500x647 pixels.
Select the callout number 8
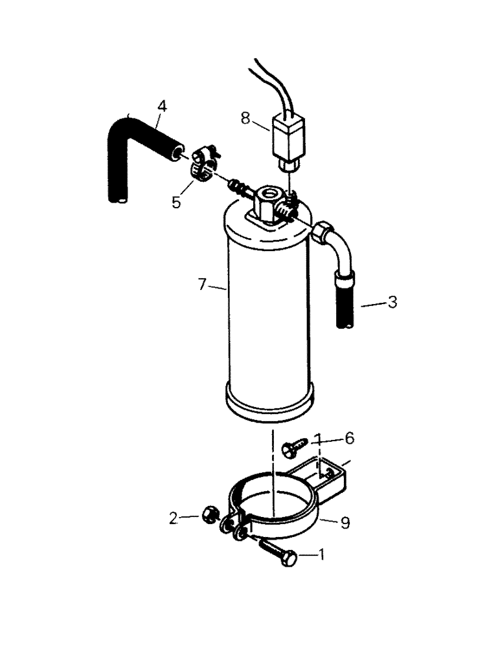coord(244,119)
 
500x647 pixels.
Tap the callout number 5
coord(176,203)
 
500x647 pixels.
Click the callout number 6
coord(349,439)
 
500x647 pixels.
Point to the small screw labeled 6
coord(295,446)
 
